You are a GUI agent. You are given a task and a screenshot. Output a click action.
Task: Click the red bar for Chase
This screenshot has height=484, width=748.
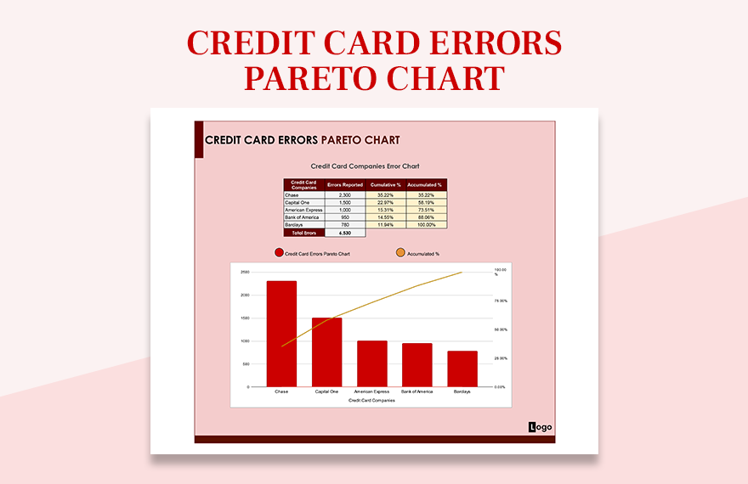point(281,334)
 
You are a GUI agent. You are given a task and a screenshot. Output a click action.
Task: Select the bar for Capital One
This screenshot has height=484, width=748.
point(326,352)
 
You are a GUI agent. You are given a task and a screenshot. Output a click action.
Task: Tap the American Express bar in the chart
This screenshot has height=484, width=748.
point(371,363)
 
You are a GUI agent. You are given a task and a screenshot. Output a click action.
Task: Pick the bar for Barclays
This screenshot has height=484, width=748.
point(462,369)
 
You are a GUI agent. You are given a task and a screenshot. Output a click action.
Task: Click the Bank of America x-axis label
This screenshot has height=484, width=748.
point(417,392)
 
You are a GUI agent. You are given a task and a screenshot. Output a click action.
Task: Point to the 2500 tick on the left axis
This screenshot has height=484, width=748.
point(245,273)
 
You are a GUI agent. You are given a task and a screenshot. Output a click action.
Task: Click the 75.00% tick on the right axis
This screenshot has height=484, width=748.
point(501,301)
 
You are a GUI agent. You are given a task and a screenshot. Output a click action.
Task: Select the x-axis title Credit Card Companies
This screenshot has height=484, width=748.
point(371,400)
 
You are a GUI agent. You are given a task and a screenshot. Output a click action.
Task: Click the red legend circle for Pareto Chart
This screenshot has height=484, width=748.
point(278,253)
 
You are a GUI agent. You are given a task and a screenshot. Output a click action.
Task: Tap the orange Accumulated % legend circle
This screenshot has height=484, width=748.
point(400,253)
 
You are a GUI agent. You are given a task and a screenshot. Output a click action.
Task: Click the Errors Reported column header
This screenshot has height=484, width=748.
point(345,184)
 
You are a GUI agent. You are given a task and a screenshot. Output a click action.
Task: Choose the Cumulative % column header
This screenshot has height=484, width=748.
point(385,184)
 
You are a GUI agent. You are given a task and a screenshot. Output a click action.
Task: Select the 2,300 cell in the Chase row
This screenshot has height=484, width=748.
point(345,194)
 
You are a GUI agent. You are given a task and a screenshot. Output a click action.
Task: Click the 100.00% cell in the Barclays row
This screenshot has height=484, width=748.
point(425,225)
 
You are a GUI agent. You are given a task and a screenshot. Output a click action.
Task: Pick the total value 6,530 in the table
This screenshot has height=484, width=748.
point(345,233)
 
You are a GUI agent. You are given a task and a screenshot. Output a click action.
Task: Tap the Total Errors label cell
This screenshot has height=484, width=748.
point(303,233)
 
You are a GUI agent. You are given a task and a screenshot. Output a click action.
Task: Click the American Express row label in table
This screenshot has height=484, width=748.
point(303,210)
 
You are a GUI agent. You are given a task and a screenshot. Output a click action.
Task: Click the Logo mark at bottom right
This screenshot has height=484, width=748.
point(540,427)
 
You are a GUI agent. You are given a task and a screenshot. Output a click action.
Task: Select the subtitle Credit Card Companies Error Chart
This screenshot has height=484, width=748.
point(365,166)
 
